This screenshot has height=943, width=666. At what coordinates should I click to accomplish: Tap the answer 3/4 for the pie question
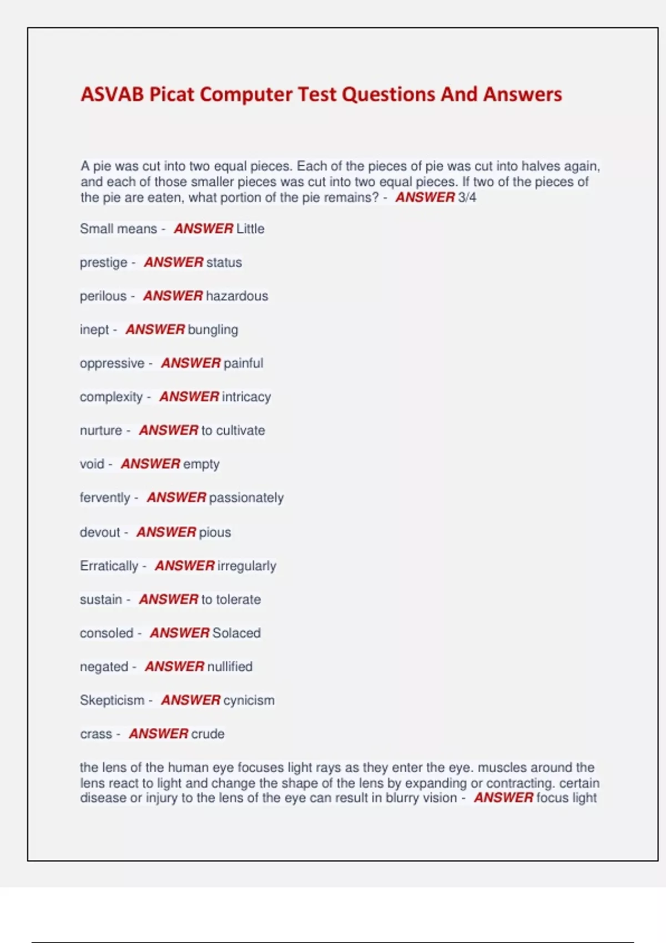pos(467,197)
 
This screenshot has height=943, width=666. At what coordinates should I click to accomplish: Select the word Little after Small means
pos(250,229)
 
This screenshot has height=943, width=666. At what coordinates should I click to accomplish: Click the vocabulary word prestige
pos(103,262)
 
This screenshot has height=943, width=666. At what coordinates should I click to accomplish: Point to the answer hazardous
pos(237,296)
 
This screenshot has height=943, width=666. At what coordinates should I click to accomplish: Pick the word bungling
pos(213,330)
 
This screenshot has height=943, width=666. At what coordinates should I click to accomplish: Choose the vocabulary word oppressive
pos(112,363)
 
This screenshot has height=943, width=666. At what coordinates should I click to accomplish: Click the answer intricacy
pos(246,397)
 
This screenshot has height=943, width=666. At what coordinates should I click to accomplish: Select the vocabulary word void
pos(92,464)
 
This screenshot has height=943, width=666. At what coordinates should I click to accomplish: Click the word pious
pos(215,533)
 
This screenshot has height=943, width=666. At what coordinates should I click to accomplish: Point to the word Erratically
pos(109,566)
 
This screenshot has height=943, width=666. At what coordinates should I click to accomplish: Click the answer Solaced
pos(236,633)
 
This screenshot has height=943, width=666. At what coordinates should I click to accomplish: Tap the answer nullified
pos(230,667)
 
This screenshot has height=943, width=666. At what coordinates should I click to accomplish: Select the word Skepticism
pos(112,701)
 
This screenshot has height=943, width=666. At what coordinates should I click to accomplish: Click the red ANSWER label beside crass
pos(159,734)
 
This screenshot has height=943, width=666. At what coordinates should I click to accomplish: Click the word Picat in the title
pos(171,94)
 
